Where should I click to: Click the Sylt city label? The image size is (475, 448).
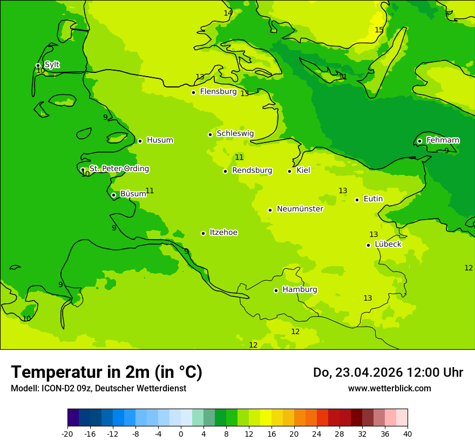pyautogui.click(x=52, y=65)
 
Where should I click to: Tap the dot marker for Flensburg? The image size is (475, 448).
pyautogui.click(x=193, y=92)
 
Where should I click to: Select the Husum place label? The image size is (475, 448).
pyautogui.click(x=160, y=140)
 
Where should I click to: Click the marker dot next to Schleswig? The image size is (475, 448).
pyautogui.click(x=210, y=134)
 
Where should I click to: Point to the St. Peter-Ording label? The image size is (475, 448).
pyautogui.click(x=119, y=169)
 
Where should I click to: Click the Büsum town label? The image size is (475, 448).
pyautogui.click(x=133, y=194)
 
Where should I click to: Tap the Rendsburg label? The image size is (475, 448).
pyautogui.click(x=252, y=171)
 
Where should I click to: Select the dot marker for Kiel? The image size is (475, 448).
pyautogui.click(x=289, y=171)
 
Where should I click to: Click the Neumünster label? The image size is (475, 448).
pyautogui.click(x=300, y=209)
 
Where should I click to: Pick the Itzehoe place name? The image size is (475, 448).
pyautogui.click(x=223, y=233)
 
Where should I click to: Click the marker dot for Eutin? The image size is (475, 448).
pyautogui.click(x=357, y=200)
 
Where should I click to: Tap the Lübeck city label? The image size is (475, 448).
pyautogui.click(x=388, y=244)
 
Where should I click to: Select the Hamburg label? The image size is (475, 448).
pyautogui.click(x=300, y=289)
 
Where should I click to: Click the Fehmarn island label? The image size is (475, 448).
pyautogui.click(x=443, y=140)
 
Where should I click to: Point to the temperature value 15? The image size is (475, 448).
pyautogui.click(x=379, y=30)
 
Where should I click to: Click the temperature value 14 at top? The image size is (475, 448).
pyautogui.click(x=228, y=13)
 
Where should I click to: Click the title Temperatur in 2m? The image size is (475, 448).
pyautogui.click(x=106, y=372)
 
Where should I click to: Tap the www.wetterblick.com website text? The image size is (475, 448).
pyautogui.click(x=389, y=389)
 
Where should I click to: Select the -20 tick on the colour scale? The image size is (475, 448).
pyautogui.click(x=67, y=433)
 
